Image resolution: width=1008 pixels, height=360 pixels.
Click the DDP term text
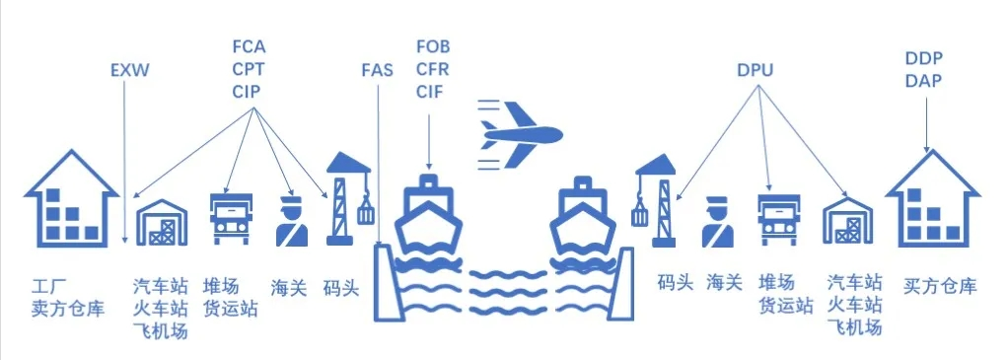tap(923, 58)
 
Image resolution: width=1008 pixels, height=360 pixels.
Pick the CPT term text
tap(249, 69)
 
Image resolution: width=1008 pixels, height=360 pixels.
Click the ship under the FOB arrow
tap(429, 214)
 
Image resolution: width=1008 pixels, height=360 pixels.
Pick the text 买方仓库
tap(940, 287)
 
